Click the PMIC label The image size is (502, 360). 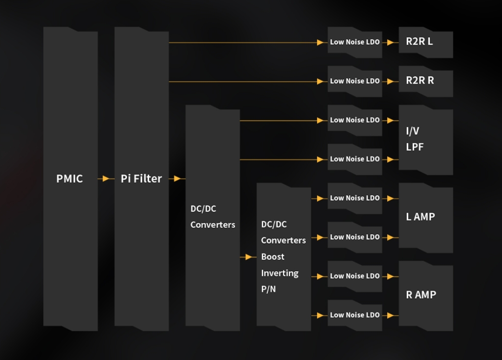[70, 179]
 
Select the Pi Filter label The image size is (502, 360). [141, 179]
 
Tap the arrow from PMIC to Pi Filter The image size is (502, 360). [106, 179]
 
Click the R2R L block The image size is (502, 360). [425, 42]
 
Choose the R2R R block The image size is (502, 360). [425, 81]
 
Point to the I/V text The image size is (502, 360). [412, 131]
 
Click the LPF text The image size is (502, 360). [415, 147]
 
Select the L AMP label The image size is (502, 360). [421, 217]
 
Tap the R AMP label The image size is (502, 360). [421, 295]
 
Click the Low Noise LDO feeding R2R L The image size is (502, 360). [355, 42]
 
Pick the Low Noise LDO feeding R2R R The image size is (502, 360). [355, 81]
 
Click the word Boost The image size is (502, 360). [273, 257]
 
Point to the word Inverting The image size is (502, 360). [280, 273]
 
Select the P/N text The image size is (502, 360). [268, 289]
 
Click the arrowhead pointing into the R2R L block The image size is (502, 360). [391, 43]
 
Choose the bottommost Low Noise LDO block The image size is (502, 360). [355, 315]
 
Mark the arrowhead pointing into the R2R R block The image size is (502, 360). [391, 81]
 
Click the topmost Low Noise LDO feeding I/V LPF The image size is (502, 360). [355, 120]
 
